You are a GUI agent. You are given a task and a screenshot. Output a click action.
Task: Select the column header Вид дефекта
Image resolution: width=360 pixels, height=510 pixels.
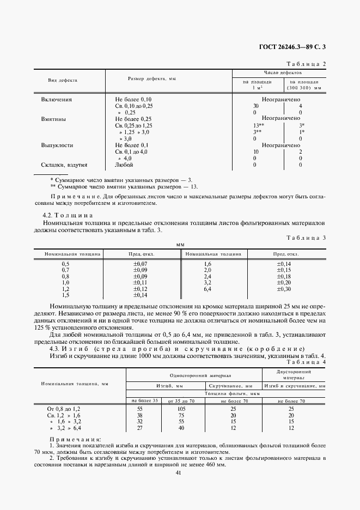coord(63,80)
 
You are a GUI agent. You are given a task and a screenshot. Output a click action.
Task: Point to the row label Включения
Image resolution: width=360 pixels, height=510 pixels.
coord(57,100)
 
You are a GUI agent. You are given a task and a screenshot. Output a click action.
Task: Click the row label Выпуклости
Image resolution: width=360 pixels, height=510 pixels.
coord(58,145)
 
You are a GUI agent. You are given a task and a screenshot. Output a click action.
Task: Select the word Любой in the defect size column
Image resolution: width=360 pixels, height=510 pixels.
coord(124,165)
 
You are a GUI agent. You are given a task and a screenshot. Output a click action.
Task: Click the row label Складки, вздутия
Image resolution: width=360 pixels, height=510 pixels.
coord(64,165)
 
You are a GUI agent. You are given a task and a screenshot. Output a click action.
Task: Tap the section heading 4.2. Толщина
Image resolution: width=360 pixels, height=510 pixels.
coord(72,215)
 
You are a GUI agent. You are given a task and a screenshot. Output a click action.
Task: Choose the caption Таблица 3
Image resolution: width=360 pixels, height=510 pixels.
coord(306,238)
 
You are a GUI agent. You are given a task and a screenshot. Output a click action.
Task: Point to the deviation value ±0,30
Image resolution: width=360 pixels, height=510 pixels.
coord(284,289)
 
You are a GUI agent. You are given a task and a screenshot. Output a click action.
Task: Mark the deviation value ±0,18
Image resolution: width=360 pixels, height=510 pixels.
coord(284,276)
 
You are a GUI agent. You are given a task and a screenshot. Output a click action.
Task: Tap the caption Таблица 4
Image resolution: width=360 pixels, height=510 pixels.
coord(306,362)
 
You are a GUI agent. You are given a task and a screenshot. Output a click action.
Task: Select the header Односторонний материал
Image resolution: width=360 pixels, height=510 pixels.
coord(193,375)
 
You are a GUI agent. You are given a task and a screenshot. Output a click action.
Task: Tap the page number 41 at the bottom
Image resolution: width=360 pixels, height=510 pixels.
coord(180,472)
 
